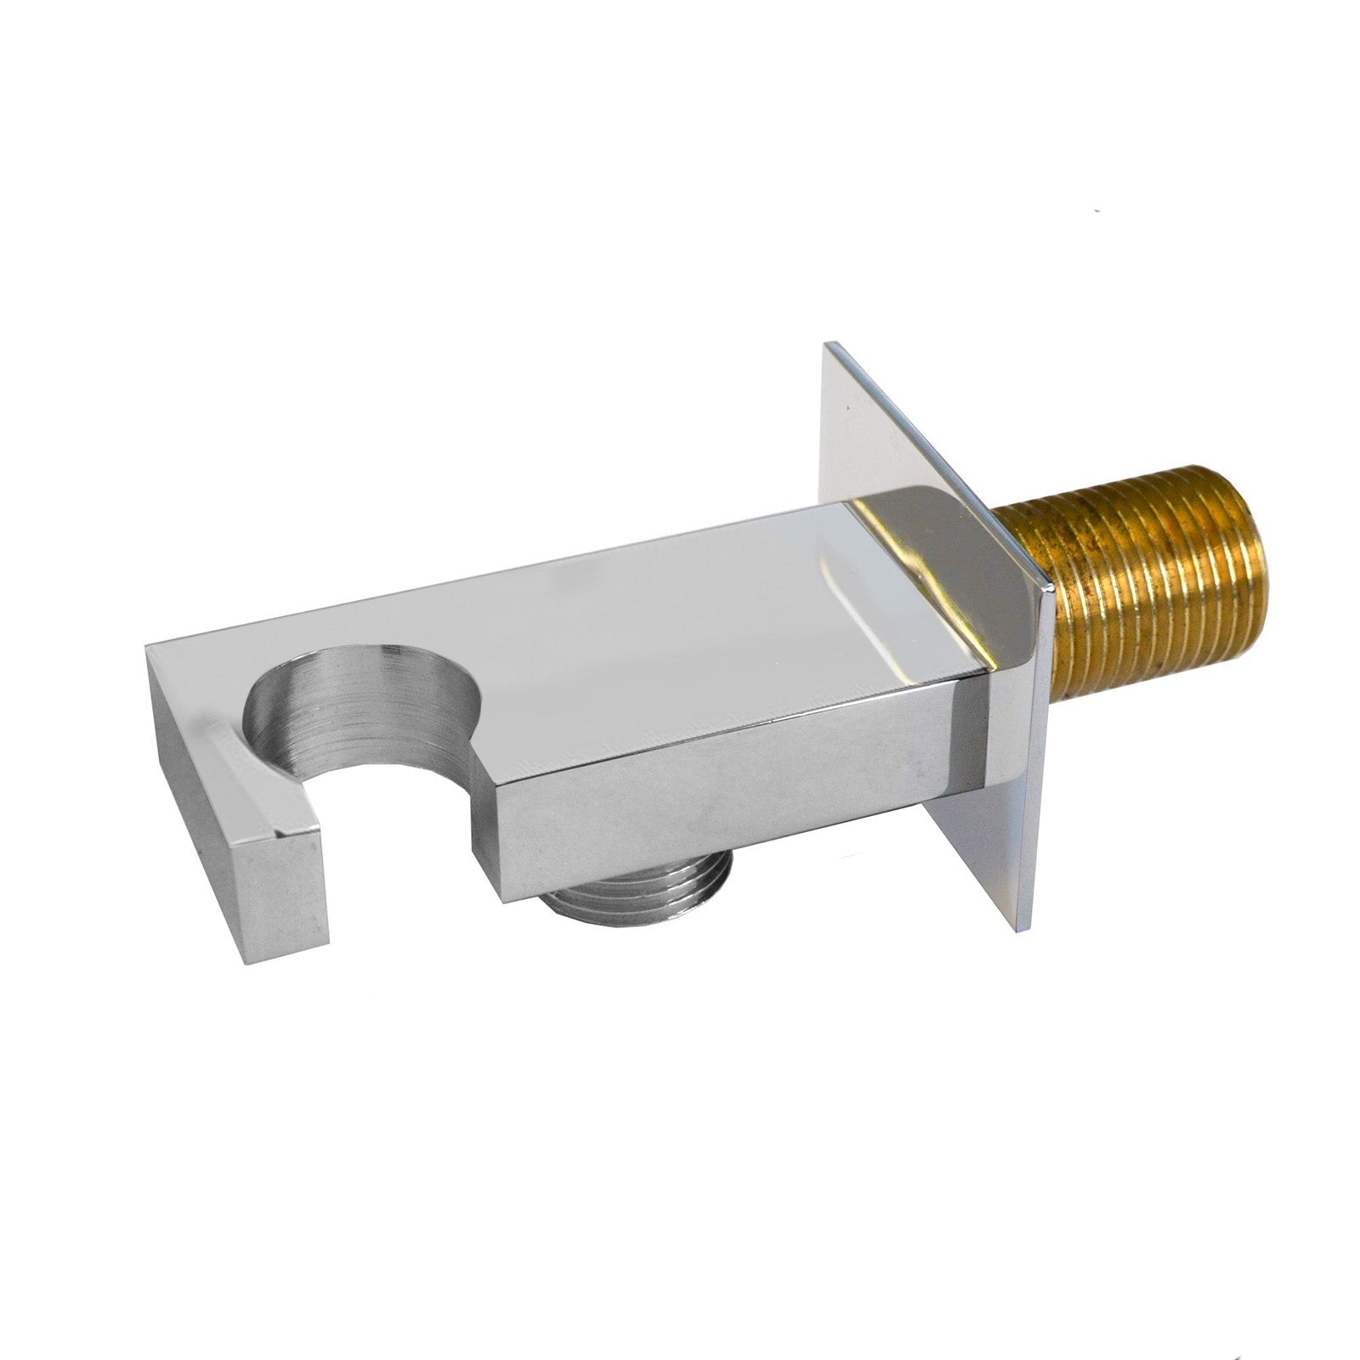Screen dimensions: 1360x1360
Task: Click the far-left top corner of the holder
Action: click(149, 648)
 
